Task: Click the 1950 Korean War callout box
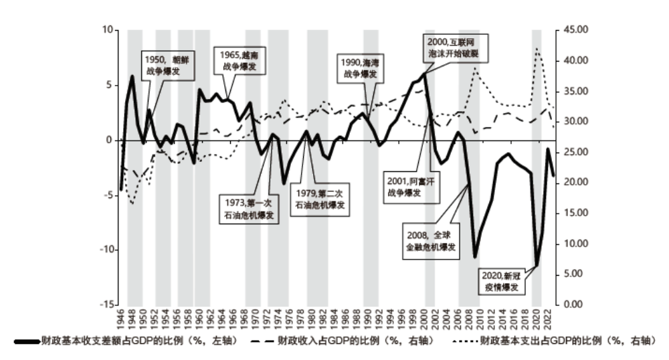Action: point(163,65)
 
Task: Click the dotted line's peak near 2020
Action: point(537,48)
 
